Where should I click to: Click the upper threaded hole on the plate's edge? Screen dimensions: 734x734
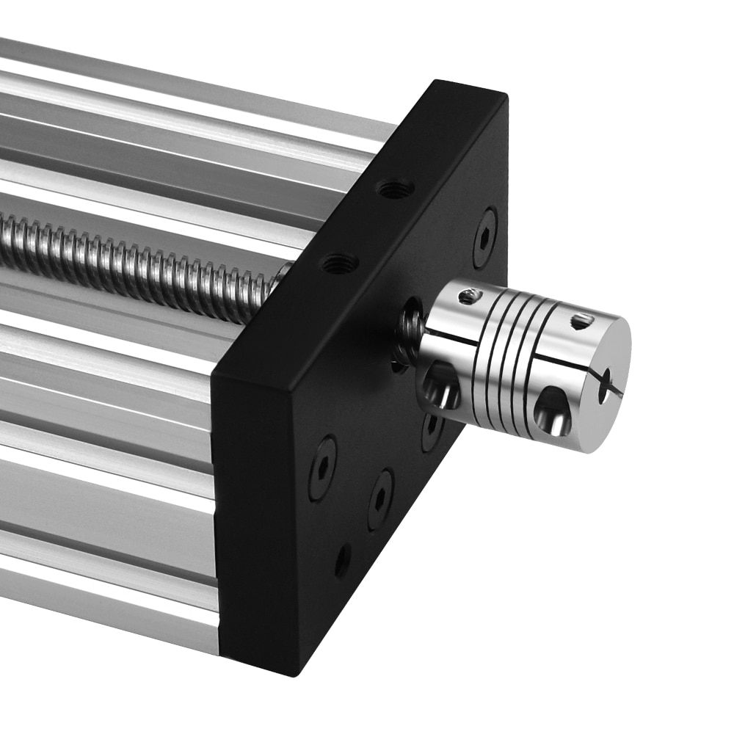pyautogui.click(x=395, y=189)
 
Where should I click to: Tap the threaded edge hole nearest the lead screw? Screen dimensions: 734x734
pyautogui.click(x=340, y=263)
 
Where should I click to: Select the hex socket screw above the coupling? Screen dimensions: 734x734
pyautogui.click(x=484, y=237)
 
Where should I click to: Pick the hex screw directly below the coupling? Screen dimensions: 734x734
pyautogui.click(x=379, y=499)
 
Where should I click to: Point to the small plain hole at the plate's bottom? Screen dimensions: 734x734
pyautogui.click(x=343, y=561)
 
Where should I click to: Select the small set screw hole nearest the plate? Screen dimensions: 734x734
pyautogui.click(x=468, y=297)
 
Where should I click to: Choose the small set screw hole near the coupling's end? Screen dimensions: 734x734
pyautogui.click(x=581, y=321)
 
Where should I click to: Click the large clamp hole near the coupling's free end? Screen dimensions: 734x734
pyautogui.click(x=552, y=411)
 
